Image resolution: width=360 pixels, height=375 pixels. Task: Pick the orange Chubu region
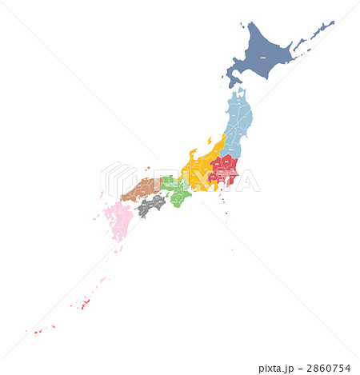point(198,170)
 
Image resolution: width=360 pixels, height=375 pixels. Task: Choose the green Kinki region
point(178,190)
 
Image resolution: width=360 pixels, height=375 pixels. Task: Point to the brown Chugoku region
point(142,190)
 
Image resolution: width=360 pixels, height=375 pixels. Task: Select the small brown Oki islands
point(148,168)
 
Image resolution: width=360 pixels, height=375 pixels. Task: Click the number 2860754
point(331,368)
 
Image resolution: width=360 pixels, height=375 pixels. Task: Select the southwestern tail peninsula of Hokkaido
point(232,78)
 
